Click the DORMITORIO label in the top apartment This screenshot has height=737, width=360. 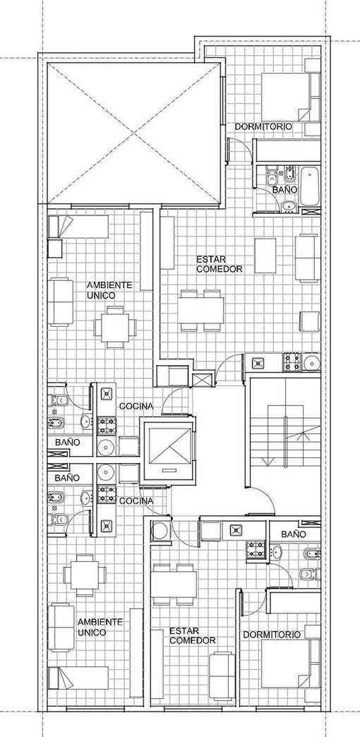pyautogui.click(x=263, y=126)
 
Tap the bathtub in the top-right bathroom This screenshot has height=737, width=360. pyautogui.click(x=309, y=186)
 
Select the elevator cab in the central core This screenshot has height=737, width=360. pyautogui.click(x=168, y=450)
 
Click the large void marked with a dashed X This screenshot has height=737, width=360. pyautogui.click(x=134, y=133)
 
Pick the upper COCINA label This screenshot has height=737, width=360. pyautogui.click(x=136, y=406)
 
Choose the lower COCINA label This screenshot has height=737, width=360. pyautogui.click(x=136, y=501)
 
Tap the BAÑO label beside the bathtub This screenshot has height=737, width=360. pyautogui.click(x=284, y=189)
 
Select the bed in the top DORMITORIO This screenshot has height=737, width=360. pyautogui.click(x=286, y=97)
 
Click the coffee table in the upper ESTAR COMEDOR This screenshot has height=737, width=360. pyautogui.click(x=265, y=256)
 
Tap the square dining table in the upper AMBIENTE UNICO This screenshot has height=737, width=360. pyautogui.click(x=115, y=327)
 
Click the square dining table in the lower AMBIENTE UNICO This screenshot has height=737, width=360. pyautogui.click(x=85, y=575)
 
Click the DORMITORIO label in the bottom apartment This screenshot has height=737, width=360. pyautogui.click(x=272, y=635)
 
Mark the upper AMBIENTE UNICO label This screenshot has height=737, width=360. pyautogui.click(x=109, y=290)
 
